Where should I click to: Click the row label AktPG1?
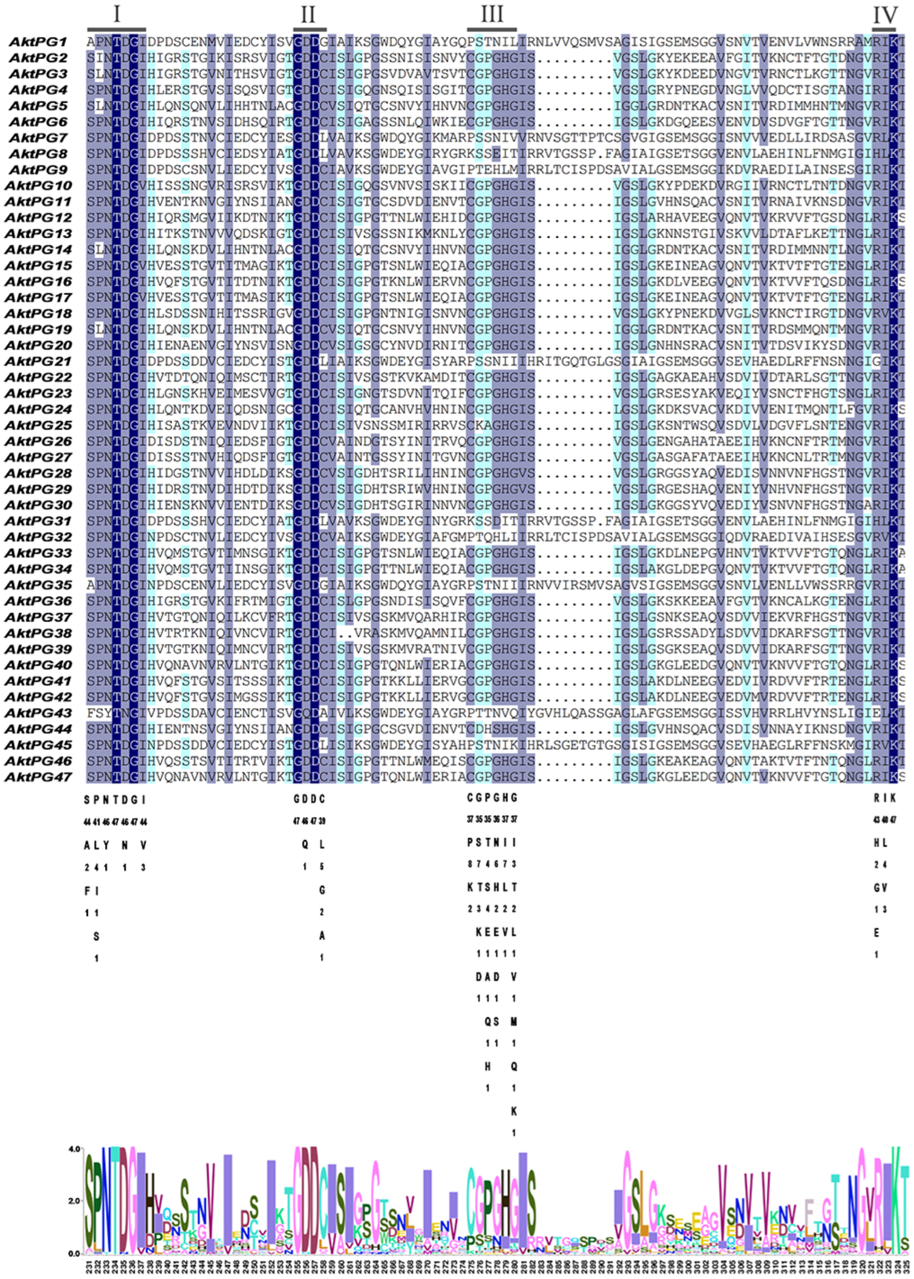(38, 42)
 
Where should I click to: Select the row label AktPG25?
(38, 425)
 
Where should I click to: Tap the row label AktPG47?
(38, 777)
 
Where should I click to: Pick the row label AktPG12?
(38, 217)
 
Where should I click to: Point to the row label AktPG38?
(38, 633)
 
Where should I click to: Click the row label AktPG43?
(38, 713)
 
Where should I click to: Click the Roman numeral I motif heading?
(116, 14)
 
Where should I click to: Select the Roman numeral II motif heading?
(308, 14)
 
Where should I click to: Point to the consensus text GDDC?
(310, 799)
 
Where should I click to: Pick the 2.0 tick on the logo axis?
(73, 1201)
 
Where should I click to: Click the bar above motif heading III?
(492, 29)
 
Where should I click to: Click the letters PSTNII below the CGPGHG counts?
(492, 842)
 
